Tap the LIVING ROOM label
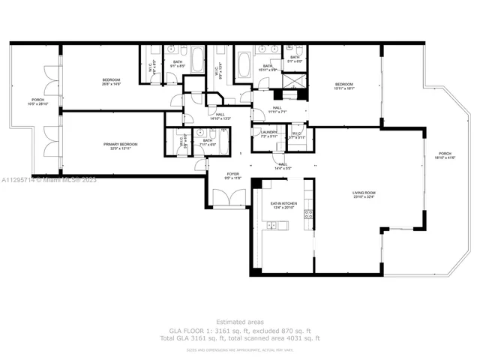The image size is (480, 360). [363, 193]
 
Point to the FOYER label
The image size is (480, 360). [232, 174]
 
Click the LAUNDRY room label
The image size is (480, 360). [268, 132]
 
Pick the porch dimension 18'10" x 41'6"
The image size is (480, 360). [445, 159]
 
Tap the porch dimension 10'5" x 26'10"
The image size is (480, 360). [37, 104]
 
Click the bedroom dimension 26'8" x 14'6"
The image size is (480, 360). [111, 84]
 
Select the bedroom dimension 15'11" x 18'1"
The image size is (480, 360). [343, 88]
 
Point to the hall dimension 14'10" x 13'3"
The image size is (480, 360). [220, 118]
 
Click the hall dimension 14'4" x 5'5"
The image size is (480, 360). [283, 168]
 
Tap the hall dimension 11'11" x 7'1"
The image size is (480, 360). [277, 112]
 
